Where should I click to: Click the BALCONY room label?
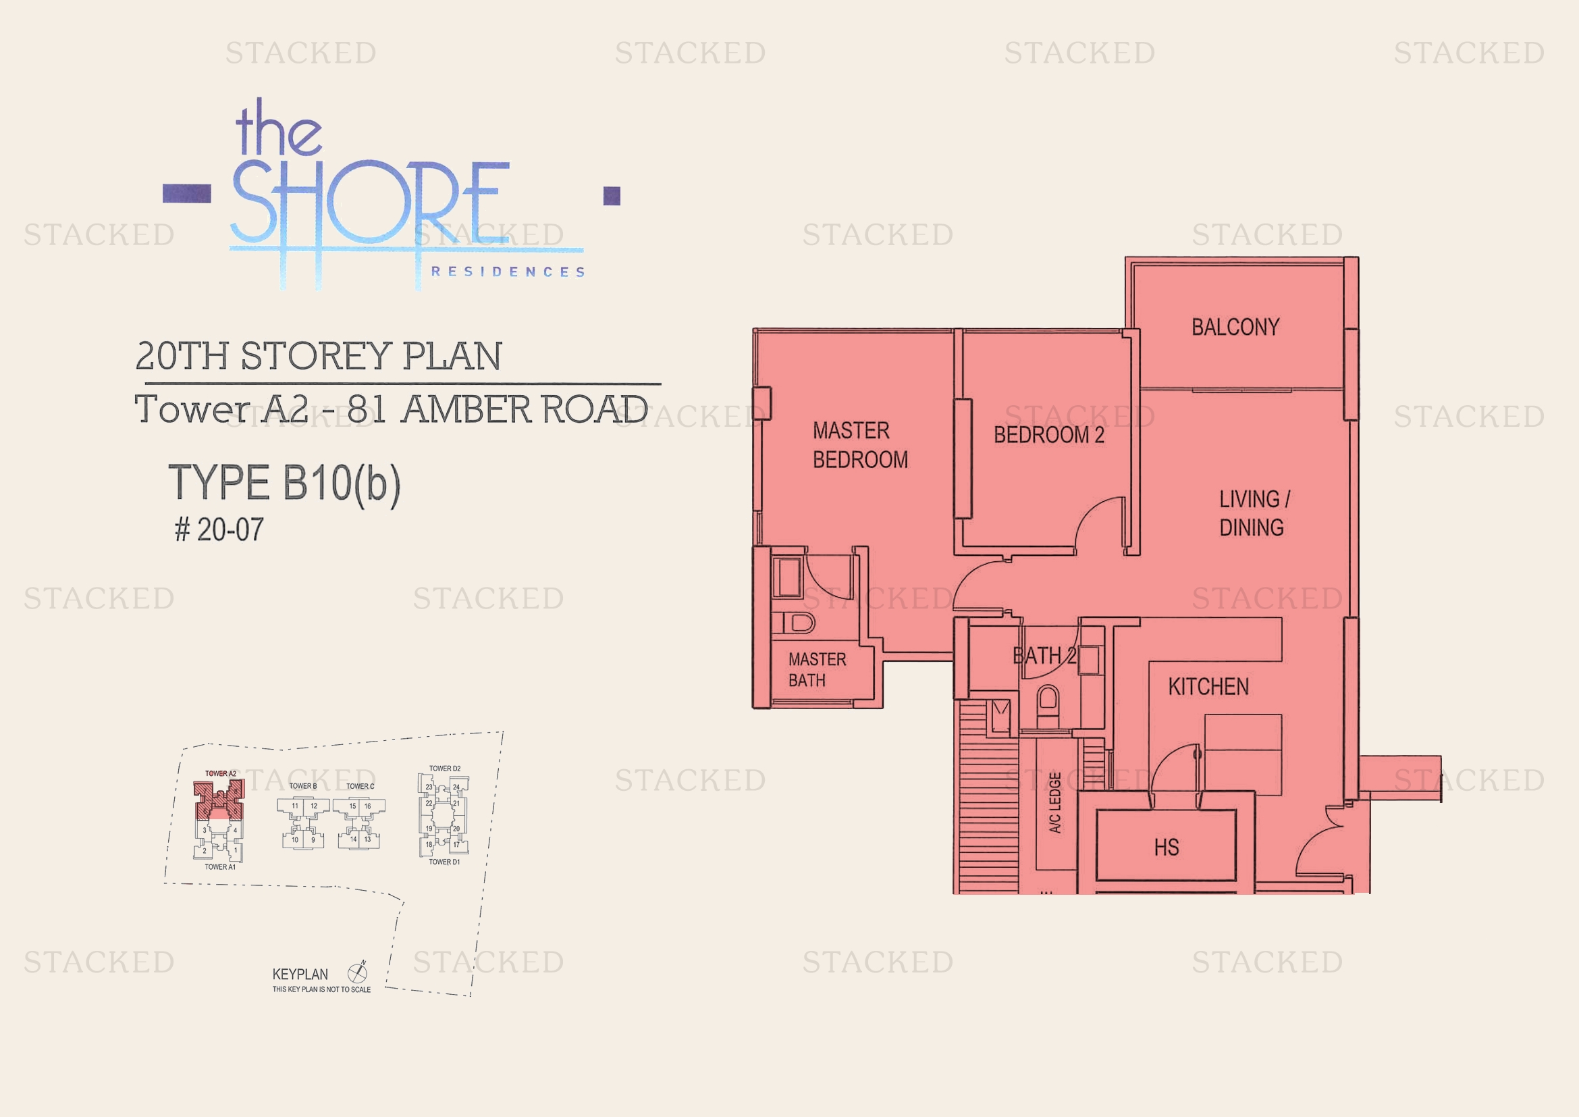[1235, 327]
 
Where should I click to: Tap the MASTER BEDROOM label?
[859, 445]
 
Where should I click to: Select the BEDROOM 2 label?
[1049, 435]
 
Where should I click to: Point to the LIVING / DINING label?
[1254, 513]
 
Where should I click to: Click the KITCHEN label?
[1208, 686]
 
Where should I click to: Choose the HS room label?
[1167, 848]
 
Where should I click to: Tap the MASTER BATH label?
[817, 670]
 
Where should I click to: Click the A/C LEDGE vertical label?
[1055, 803]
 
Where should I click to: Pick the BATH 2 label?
[1044, 656]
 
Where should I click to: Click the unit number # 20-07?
[219, 529]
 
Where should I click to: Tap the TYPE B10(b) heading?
[284, 484]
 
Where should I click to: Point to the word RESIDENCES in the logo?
[508, 272]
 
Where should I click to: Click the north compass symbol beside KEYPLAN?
[358, 972]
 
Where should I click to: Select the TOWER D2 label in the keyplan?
[444, 769]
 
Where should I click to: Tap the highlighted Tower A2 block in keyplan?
[219, 798]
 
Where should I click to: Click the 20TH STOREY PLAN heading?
[319, 357]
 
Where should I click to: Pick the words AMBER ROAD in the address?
[525, 410]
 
